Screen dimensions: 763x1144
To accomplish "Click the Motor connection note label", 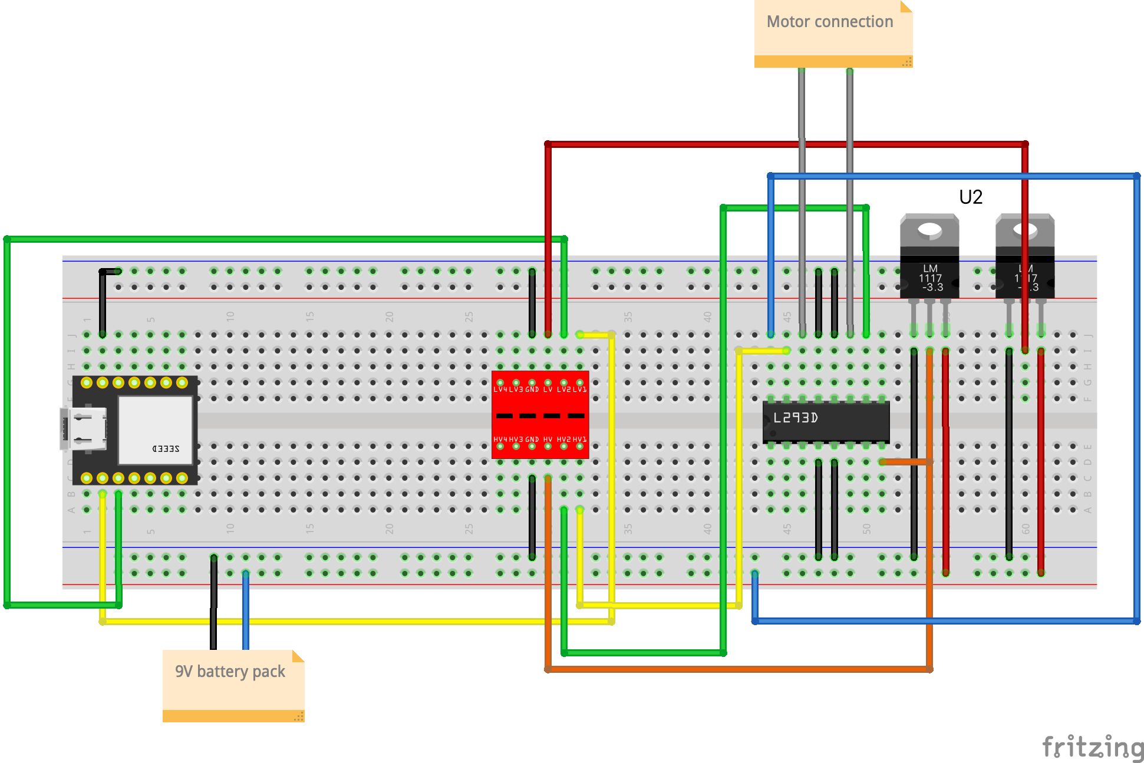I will (x=830, y=22).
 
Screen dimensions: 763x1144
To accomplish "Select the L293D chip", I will (x=825, y=421).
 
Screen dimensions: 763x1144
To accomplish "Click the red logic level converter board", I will (x=540, y=415).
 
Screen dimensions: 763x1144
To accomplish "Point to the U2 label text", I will (x=971, y=197).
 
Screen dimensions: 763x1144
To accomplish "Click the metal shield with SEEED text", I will (x=156, y=430).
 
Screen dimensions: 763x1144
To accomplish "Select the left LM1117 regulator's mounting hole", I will (x=929, y=229).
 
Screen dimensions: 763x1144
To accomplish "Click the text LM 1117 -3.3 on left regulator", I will (x=931, y=278).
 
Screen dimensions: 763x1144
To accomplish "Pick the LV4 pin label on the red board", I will (x=500, y=389).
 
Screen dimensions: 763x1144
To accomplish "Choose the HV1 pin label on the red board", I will (x=580, y=440).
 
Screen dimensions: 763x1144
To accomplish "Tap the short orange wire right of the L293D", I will (x=905, y=462).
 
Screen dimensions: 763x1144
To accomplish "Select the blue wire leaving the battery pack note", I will (x=246, y=613).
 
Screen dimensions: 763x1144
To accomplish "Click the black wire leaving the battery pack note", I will (x=213, y=613).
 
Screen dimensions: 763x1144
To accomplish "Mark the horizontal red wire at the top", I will (x=766, y=144).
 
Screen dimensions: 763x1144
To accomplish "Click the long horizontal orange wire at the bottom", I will (x=737, y=669).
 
